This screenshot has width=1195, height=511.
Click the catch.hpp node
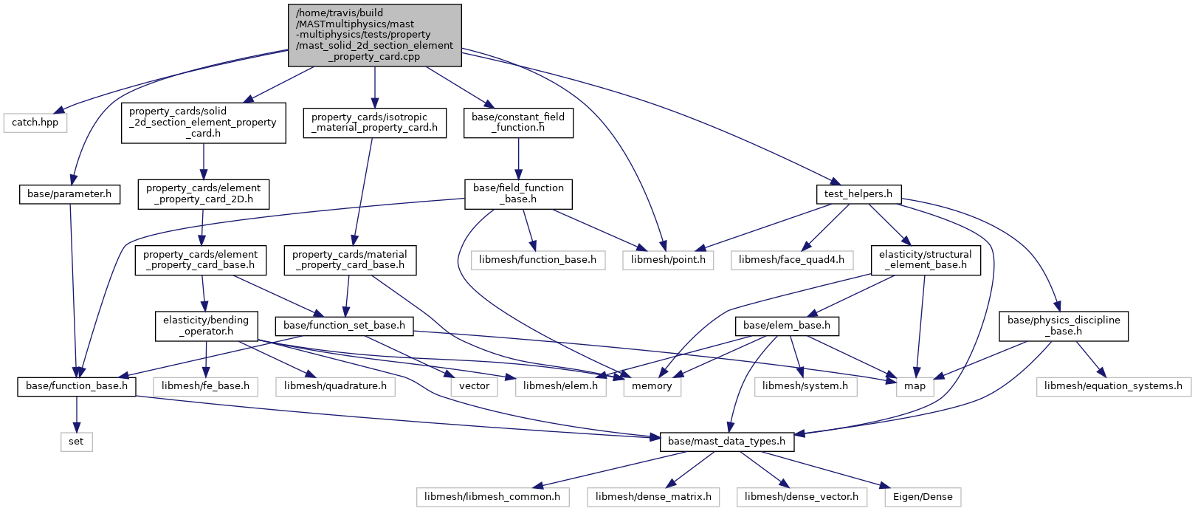pyautogui.click(x=35, y=123)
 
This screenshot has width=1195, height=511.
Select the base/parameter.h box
pyautogui.click(x=69, y=193)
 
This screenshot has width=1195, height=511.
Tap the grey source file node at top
pyautogui.click(x=374, y=35)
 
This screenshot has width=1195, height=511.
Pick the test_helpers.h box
pyautogui.click(x=858, y=193)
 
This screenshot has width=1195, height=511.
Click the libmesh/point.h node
pyautogui.click(x=668, y=260)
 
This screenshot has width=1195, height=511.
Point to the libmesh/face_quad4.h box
pyautogui.click(x=792, y=260)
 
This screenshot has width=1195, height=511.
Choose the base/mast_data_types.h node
pyautogui.click(x=726, y=442)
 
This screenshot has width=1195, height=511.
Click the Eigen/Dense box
pyautogui.click(x=923, y=497)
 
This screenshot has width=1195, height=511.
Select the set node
pyautogui.click(x=76, y=442)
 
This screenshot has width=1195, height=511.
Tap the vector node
pyautogui.click(x=475, y=386)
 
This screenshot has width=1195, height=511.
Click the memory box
pyautogui.click(x=652, y=386)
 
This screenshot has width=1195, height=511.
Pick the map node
pyautogui.click(x=915, y=386)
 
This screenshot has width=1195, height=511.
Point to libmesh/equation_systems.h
pyautogui.click(x=1113, y=386)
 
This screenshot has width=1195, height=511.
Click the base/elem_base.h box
pyautogui.click(x=787, y=326)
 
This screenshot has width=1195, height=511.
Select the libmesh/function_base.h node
pyautogui.click(x=538, y=260)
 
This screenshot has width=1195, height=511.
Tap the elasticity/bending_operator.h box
pyautogui.click(x=206, y=326)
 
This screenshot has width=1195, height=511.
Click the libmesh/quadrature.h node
pyautogui.click(x=336, y=386)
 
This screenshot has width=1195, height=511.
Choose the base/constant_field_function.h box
pyautogui.click(x=519, y=123)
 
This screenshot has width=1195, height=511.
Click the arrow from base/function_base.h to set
pyautogui.click(x=76, y=414)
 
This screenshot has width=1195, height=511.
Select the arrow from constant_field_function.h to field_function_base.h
pyautogui.click(x=519, y=159)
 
